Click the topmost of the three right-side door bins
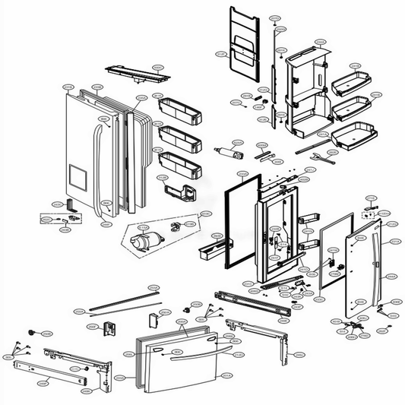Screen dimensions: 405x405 349,81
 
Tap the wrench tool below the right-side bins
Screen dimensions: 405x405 328,160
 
